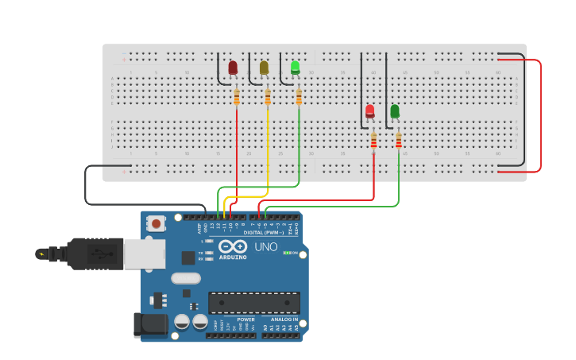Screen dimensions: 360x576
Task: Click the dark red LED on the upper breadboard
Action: pyautogui.click(x=233, y=68)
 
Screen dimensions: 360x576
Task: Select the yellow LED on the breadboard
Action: pyautogui.click(x=264, y=68)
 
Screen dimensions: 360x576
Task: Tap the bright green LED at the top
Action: pyautogui.click(x=295, y=68)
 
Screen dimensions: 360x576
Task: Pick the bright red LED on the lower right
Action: pyautogui.click(x=370, y=111)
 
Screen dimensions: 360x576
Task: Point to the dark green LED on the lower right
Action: pyautogui.click(x=395, y=111)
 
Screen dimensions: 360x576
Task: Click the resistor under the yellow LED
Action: pyautogui.click(x=268, y=97)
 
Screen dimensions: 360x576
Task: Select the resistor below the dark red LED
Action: pyautogui.click(x=237, y=97)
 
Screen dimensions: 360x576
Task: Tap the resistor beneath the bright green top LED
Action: pyautogui.click(x=299, y=97)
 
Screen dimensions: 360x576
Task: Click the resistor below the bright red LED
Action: pyautogui.click(x=374, y=140)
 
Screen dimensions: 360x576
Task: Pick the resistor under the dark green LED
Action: pyautogui.click(x=399, y=140)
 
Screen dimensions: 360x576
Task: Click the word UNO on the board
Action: pyautogui.click(x=265, y=246)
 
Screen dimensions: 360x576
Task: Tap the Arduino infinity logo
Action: pyautogui.click(x=233, y=246)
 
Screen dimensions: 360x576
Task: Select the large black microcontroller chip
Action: pyautogui.click(x=253, y=302)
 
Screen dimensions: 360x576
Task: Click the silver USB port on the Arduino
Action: pyautogui.click(x=144, y=254)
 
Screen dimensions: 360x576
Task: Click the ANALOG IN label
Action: pyautogui.click(x=284, y=319)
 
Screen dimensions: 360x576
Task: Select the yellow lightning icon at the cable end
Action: pyautogui.click(x=41, y=254)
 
